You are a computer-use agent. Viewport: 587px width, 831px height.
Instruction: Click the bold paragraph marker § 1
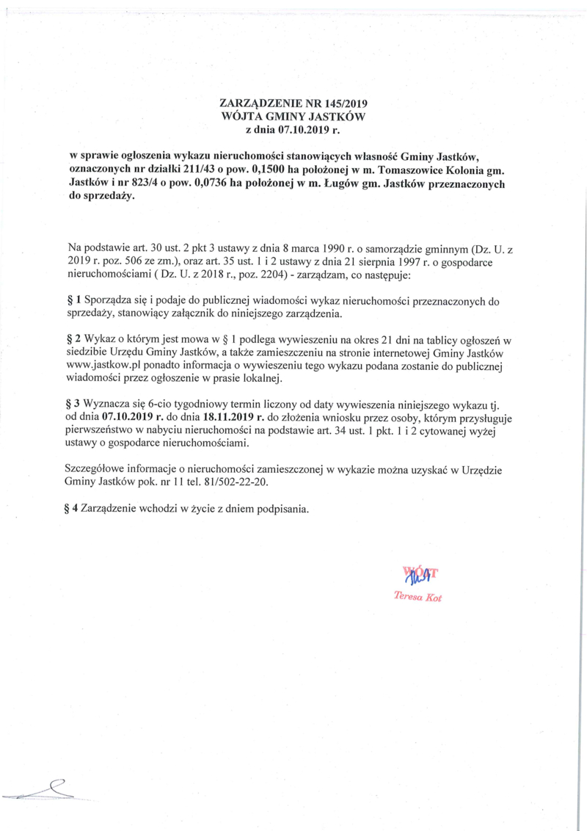tap(73, 301)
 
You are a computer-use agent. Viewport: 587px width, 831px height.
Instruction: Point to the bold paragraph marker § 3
tap(73, 404)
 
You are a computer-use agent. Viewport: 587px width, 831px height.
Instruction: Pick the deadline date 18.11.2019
tap(219, 418)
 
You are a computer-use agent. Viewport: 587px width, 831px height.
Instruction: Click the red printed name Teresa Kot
tap(418, 597)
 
